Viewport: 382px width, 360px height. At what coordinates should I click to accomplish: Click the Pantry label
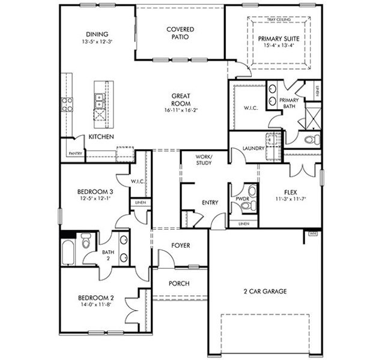click(75, 154)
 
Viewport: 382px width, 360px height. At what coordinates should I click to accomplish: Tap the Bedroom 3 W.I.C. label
click(138, 181)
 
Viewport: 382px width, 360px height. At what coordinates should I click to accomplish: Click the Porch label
click(178, 284)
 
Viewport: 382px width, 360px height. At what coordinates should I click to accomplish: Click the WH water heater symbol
click(312, 233)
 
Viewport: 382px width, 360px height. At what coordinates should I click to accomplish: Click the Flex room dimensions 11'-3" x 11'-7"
click(291, 199)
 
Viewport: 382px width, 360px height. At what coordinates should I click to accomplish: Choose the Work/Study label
click(204, 160)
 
